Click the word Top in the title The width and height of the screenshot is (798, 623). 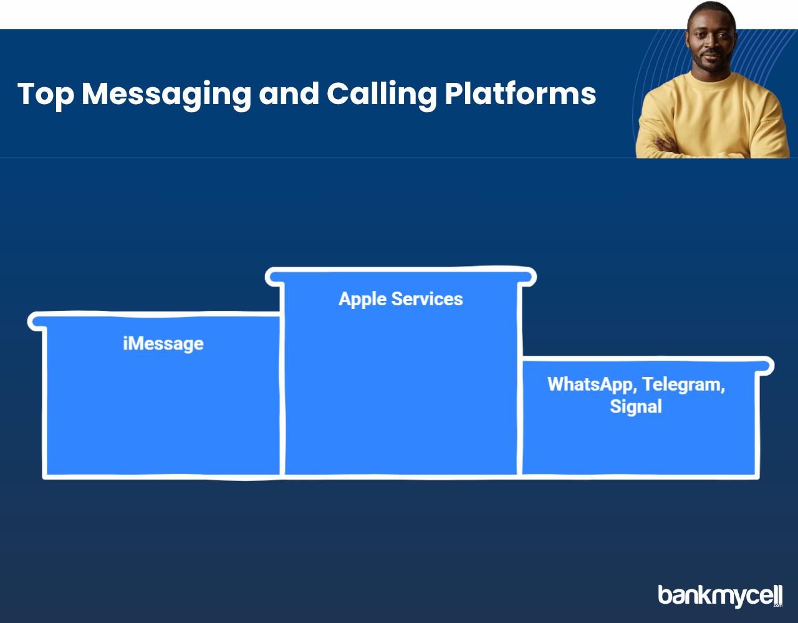coord(46,95)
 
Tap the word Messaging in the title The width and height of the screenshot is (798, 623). coord(166,95)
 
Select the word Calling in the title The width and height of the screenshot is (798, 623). coord(382,95)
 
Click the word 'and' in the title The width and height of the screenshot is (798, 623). coord(289,93)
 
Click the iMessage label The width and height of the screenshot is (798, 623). coord(163,344)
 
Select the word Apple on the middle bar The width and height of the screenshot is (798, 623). coord(362,300)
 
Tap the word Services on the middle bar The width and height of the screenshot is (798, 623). coord(426,298)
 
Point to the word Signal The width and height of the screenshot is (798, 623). coord(636,407)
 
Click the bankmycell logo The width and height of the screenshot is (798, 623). coord(720,597)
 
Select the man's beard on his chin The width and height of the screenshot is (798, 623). coord(712,66)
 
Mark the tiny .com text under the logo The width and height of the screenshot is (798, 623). coord(778,606)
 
